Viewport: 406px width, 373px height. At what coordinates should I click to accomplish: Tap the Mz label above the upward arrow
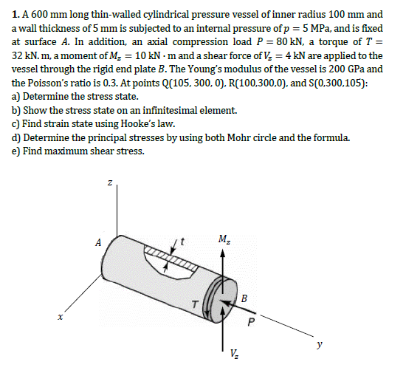[x=222, y=237]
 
